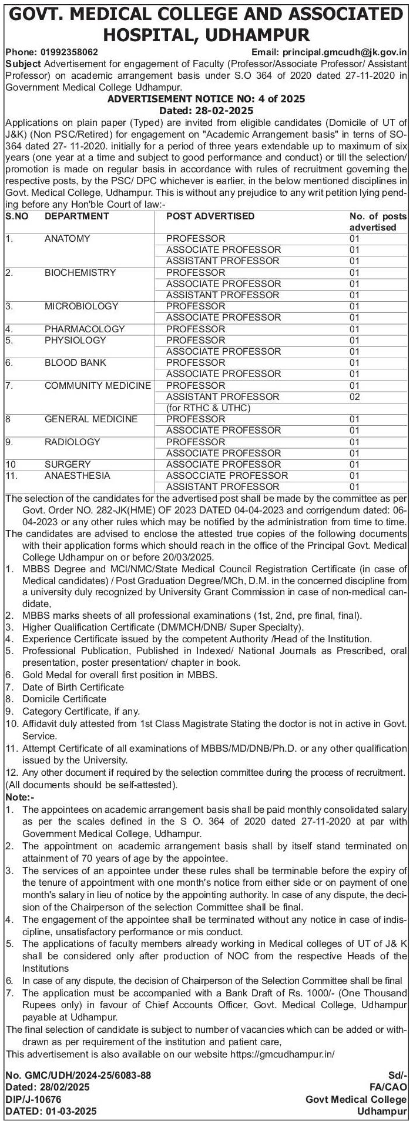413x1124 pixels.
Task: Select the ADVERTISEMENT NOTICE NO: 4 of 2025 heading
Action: [x=206, y=99]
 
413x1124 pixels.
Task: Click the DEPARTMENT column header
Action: [x=76, y=216]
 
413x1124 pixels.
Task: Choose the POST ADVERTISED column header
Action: [x=210, y=216]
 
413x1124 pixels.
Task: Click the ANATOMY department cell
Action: [x=67, y=238]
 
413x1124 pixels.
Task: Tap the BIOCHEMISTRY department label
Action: [x=80, y=272]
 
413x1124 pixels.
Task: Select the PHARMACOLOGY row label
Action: [x=85, y=329]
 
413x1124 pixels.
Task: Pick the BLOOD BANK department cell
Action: [x=75, y=362]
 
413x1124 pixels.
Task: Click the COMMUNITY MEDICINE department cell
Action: [x=98, y=385]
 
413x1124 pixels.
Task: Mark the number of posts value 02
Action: [x=354, y=396]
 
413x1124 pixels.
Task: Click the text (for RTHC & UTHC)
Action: [x=209, y=408]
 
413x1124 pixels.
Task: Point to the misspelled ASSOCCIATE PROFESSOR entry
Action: [x=227, y=475]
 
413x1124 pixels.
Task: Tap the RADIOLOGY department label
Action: [x=72, y=442]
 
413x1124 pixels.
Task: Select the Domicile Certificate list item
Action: [x=64, y=699]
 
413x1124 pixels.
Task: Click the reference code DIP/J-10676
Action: [x=33, y=1099]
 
